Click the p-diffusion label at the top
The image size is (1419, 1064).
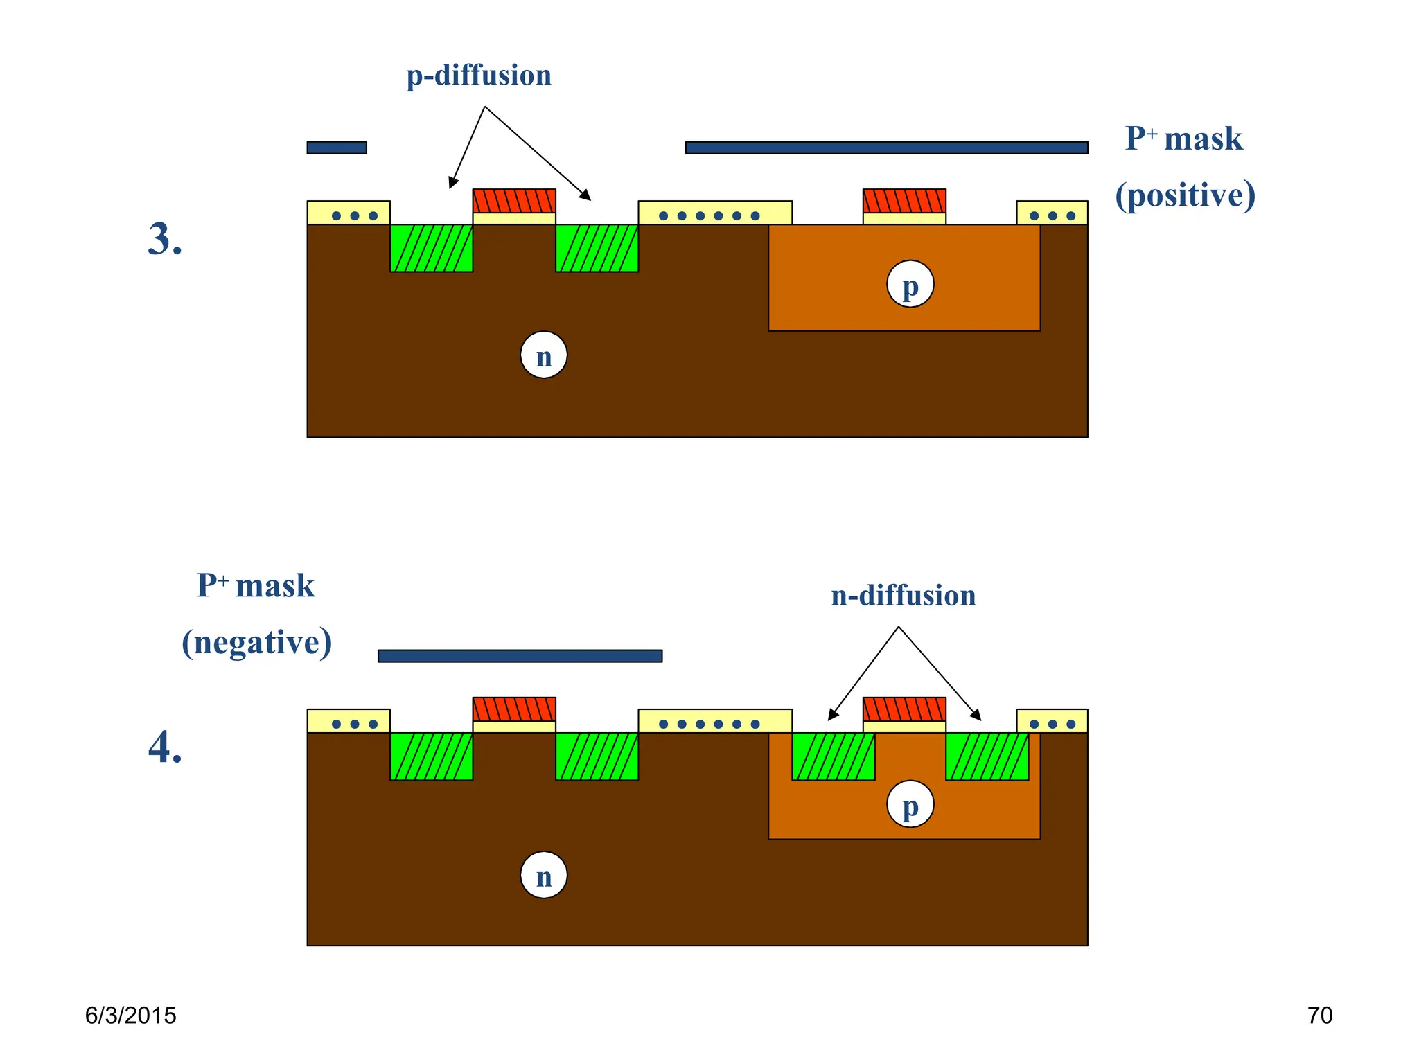click(479, 76)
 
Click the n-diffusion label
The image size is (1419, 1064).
click(903, 596)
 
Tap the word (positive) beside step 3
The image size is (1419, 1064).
click(1185, 195)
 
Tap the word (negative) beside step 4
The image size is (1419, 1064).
click(256, 642)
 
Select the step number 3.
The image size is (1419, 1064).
click(165, 240)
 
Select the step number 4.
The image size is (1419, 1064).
click(165, 748)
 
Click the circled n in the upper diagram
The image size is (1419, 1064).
click(544, 355)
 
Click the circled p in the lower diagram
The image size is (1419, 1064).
click(910, 804)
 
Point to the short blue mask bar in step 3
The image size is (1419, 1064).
click(337, 148)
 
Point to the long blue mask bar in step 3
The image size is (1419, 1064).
click(886, 148)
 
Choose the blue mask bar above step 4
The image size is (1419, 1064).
click(520, 656)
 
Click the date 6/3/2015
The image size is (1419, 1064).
click(130, 1016)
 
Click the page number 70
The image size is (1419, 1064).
click(1319, 1016)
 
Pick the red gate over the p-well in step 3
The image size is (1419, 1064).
click(904, 201)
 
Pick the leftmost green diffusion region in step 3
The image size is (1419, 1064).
click(431, 248)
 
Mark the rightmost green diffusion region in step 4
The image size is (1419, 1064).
click(987, 756)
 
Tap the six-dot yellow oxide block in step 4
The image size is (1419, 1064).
click(714, 721)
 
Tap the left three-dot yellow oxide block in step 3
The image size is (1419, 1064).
click(349, 213)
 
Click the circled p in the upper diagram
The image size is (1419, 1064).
click(910, 284)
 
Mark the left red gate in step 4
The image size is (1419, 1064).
click(514, 709)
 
